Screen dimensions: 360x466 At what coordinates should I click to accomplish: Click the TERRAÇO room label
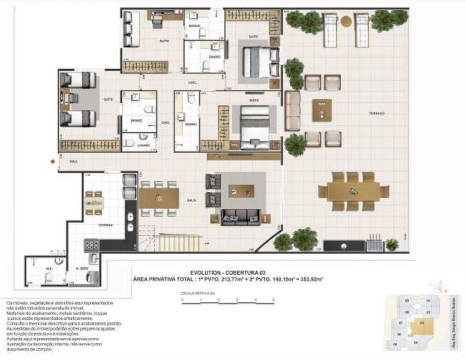376,113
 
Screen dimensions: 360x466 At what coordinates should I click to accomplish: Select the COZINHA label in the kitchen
105,225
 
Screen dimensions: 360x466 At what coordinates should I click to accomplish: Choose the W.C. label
48,269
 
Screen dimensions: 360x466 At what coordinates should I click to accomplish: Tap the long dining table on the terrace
353,191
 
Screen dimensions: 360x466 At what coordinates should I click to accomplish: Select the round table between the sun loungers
346,21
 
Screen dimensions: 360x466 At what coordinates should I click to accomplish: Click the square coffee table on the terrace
322,110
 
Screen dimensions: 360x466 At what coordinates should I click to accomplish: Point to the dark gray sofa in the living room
240,217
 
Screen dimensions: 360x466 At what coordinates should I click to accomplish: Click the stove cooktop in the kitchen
91,245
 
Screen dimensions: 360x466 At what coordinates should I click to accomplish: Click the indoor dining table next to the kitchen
159,198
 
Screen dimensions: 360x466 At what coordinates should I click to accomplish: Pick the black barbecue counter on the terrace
344,246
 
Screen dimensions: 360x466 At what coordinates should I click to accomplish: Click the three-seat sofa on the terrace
293,111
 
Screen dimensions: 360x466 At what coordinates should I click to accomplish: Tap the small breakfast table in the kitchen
94,203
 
